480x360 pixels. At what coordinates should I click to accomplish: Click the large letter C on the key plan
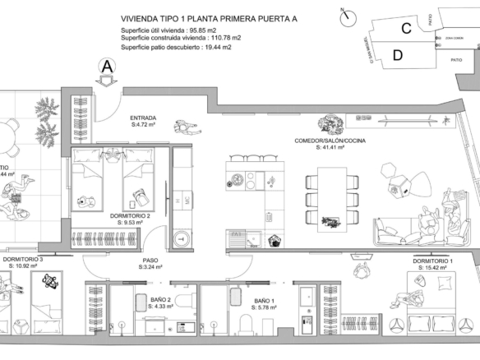click(x=406, y=28)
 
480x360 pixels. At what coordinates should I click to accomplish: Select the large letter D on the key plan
click(x=398, y=55)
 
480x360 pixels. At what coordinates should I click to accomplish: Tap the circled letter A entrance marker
click(x=107, y=67)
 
